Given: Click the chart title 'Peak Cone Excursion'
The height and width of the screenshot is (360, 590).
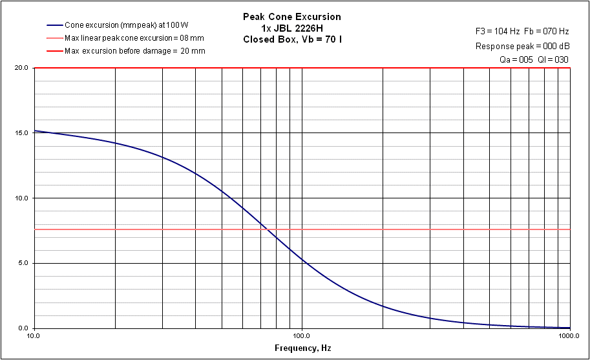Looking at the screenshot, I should point(291,16).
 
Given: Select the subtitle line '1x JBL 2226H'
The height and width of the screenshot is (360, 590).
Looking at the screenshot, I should point(291,28).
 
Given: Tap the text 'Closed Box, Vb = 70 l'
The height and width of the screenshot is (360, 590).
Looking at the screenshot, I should point(291,39).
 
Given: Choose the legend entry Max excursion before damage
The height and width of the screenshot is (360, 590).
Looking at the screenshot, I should point(135,51).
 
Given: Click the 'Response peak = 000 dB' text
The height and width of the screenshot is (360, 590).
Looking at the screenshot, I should point(522,46).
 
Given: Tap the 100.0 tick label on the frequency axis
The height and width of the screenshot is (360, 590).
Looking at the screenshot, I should point(302,337).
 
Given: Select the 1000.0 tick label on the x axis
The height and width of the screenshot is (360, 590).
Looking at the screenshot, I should point(569,337).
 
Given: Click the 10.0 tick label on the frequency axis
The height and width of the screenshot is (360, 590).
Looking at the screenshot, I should point(34,337).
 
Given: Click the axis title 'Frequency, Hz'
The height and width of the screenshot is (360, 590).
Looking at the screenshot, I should point(302,348).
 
